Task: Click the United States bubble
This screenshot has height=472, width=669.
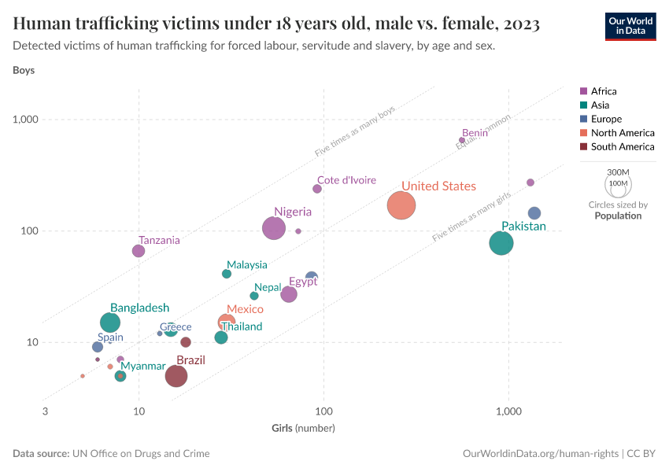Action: coord(401,205)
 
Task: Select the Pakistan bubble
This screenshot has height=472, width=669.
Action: coord(501,243)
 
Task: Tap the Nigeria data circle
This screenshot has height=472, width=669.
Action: coord(273,228)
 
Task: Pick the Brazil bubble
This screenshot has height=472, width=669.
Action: coord(176,376)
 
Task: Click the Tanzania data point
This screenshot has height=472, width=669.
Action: coord(139,251)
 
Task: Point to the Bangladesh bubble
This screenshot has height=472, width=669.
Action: coord(111,323)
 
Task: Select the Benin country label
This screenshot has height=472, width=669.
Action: coord(475,133)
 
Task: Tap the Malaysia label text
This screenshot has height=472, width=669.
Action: coord(246,265)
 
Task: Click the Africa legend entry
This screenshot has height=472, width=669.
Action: coord(603,91)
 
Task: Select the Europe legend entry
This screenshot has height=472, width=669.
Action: coord(605,119)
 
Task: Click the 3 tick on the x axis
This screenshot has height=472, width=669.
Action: coord(45,411)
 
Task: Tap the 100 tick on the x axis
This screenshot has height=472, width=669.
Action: coord(323,411)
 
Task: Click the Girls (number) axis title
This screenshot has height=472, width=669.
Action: coord(303,428)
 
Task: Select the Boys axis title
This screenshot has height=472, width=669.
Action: coord(24,70)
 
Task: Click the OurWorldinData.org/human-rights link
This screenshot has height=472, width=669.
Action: coord(540,454)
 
